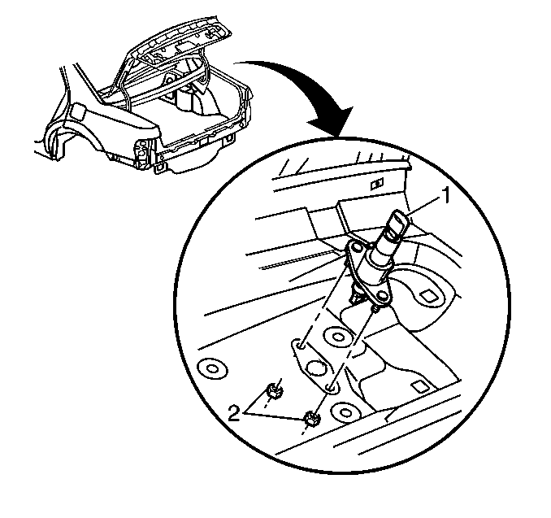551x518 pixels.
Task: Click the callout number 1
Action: click(445, 195)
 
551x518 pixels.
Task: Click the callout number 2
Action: click(234, 412)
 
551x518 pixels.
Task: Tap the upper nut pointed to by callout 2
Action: click(274, 390)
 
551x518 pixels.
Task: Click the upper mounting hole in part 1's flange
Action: click(357, 249)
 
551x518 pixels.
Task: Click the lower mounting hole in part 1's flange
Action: click(382, 294)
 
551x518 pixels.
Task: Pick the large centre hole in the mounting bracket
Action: click(315, 368)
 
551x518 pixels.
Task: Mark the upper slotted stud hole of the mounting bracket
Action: click(299, 346)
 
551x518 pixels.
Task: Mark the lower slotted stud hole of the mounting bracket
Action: click(330, 388)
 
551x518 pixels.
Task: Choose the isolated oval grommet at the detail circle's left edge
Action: click(212, 369)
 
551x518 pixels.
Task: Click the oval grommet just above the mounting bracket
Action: click(338, 337)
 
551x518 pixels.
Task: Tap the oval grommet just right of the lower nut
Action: click(345, 411)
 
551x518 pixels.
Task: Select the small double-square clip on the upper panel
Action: click(377, 183)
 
